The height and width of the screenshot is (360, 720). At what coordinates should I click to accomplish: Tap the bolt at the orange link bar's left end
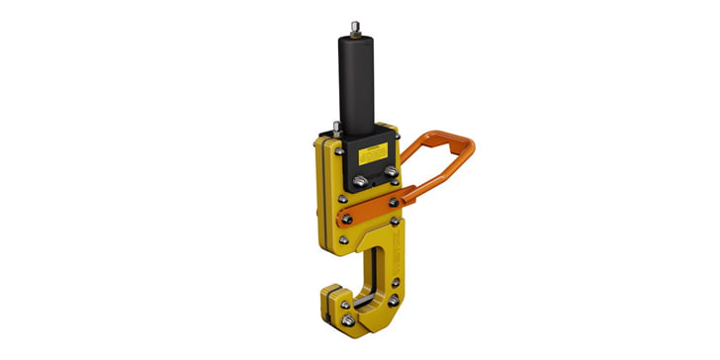point(346,218)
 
